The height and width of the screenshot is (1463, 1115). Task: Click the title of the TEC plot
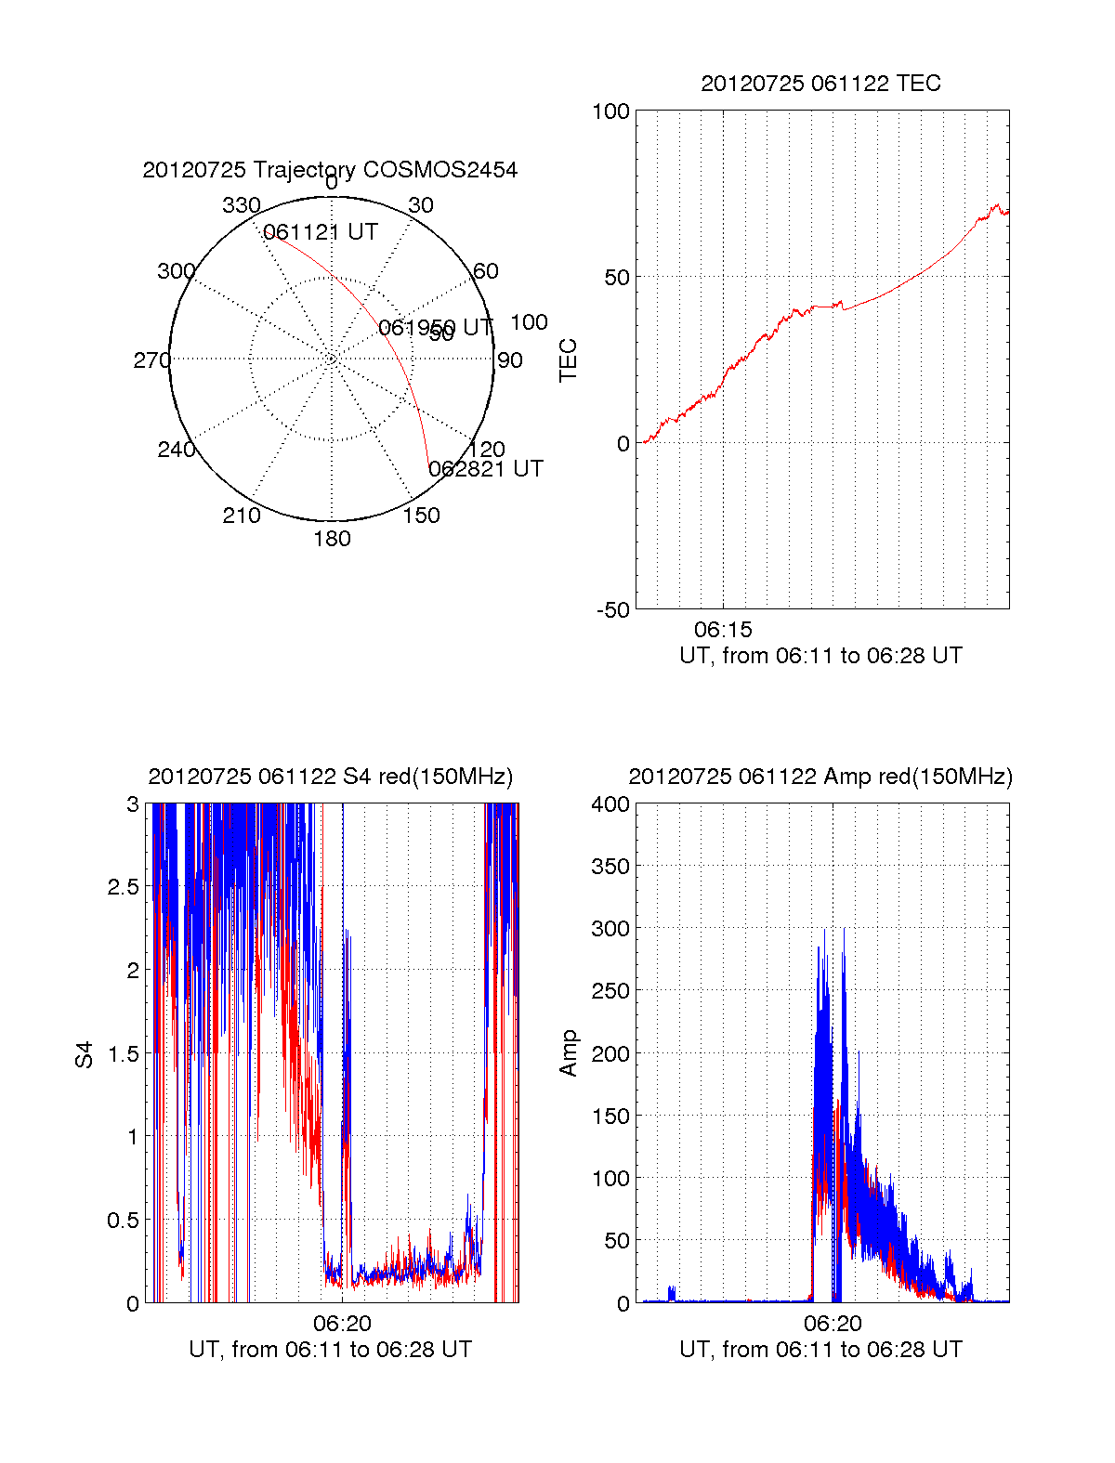820,84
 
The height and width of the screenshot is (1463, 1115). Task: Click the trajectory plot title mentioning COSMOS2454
330,170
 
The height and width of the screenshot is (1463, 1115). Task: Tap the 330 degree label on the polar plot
241,205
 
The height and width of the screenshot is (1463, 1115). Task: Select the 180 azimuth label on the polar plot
332,539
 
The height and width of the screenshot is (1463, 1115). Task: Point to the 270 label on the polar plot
151,360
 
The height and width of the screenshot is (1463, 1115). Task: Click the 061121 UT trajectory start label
321,232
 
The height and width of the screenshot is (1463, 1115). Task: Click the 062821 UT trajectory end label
486,469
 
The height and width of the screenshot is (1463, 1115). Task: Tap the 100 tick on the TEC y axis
610,111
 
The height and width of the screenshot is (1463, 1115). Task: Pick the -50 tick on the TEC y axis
612,610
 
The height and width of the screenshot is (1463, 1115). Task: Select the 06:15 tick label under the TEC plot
723,631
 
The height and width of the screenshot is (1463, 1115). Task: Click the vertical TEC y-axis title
568,360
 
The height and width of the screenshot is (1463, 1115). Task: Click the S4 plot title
330,777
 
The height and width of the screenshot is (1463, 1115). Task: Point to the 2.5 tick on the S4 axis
124,887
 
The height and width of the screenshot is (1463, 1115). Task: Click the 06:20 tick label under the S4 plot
342,1324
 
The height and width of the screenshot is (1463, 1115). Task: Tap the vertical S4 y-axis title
85,1054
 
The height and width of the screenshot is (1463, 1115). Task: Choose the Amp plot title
820,777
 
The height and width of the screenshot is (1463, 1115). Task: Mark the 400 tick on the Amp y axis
610,804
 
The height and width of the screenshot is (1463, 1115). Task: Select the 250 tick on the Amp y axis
610,991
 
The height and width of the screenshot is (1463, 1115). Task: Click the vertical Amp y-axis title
568,1053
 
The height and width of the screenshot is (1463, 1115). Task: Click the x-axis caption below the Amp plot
820,1350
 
